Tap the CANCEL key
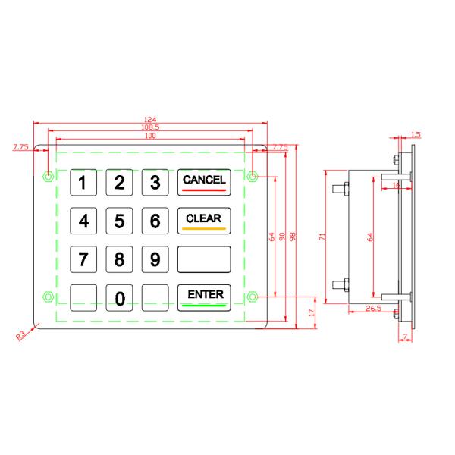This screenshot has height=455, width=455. click(x=203, y=182)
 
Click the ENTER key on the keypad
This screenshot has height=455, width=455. click(x=203, y=297)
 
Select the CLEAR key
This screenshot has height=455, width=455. click(x=203, y=221)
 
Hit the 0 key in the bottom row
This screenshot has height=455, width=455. click(x=120, y=298)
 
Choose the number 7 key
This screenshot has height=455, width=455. click(x=84, y=259)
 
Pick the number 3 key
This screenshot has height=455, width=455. click(x=155, y=182)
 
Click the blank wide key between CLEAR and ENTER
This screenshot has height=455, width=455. click(x=203, y=259)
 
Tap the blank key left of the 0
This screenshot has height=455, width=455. click(x=84, y=298)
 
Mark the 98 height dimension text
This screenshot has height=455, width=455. click(x=293, y=236)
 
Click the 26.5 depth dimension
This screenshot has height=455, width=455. click(x=372, y=309)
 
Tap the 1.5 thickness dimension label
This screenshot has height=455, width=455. click(x=415, y=134)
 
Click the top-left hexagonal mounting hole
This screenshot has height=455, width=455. click(x=49, y=177)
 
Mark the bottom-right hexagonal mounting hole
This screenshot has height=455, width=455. click(x=253, y=296)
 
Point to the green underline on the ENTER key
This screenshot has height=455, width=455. click(x=204, y=305)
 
